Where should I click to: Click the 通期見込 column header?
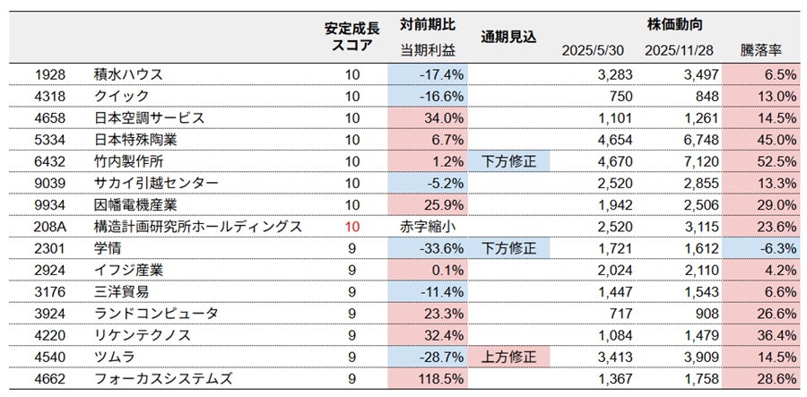508,37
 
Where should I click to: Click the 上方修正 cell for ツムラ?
508,358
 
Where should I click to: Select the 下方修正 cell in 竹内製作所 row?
508,161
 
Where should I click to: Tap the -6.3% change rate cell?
762,248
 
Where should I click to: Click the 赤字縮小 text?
430,227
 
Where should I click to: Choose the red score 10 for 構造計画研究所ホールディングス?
351,227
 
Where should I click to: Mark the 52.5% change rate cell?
762,161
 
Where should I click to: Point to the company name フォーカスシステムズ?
163,379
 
